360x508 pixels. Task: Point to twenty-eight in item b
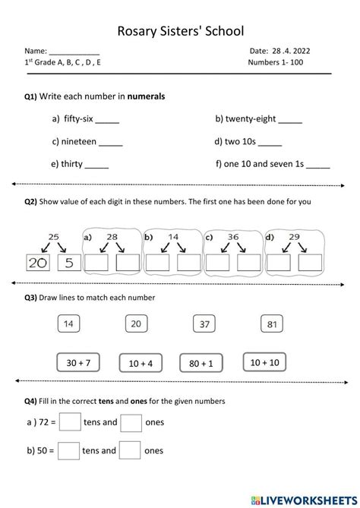pos(253,119)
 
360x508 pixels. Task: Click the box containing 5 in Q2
pos(68,263)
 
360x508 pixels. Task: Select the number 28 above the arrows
pos(112,237)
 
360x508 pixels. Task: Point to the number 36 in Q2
pos(234,237)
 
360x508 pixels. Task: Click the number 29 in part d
pos(293,237)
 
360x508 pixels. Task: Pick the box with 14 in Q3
pos(68,324)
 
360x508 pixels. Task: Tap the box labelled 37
pos(204,324)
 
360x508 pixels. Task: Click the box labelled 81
pos(272,324)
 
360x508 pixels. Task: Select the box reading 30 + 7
pos(79,363)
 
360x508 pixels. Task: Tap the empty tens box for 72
pos(69,421)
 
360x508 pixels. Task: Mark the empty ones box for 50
pos(131,450)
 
